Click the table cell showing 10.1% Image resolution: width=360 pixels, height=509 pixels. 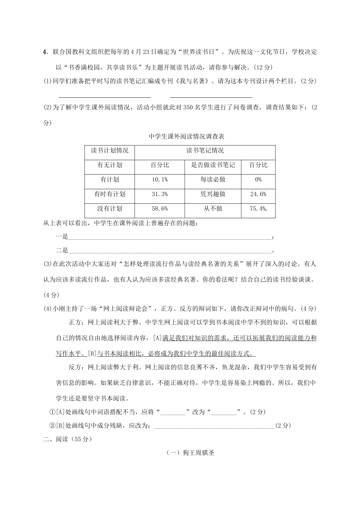(160, 180)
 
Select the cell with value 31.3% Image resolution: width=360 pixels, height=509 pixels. (160, 194)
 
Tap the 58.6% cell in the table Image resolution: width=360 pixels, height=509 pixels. (160, 209)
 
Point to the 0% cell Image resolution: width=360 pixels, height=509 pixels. (258, 180)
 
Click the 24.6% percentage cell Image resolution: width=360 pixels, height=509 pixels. (258, 194)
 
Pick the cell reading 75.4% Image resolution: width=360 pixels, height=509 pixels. (258, 209)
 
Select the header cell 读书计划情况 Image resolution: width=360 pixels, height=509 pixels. (110, 151)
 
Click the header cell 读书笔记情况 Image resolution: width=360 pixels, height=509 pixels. (205, 151)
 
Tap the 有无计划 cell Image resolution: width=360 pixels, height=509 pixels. (110, 165)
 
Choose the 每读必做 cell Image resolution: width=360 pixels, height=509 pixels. (213, 180)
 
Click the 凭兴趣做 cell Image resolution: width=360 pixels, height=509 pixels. (213, 194)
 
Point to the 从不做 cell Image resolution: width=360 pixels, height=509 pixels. (213, 209)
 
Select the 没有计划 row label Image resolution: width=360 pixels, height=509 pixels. (110, 209)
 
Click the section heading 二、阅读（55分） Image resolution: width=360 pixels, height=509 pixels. (68, 439)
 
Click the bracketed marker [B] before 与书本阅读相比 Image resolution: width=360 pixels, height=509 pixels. (92, 354)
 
